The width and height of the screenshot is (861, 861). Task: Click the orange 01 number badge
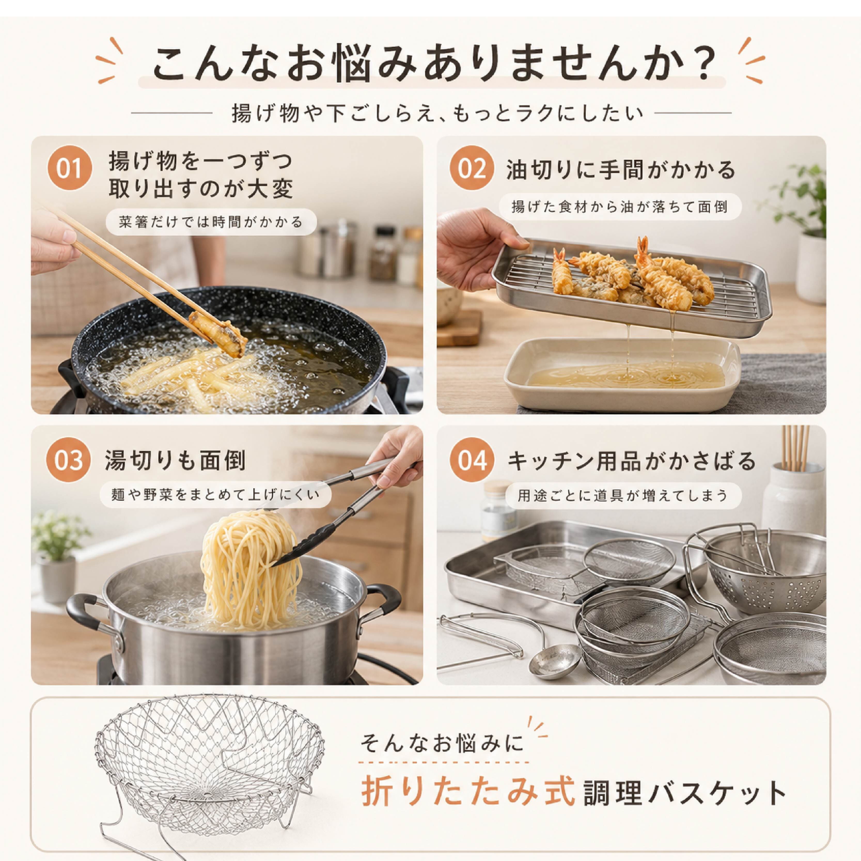(x=69, y=168)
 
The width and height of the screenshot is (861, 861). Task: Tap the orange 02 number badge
(x=472, y=168)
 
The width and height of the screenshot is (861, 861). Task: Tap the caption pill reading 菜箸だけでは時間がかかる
(x=211, y=222)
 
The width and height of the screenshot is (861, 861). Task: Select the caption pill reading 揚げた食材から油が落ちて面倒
(x=620, y=207)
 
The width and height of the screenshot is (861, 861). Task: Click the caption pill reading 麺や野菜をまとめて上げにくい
(x=215, y=495)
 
